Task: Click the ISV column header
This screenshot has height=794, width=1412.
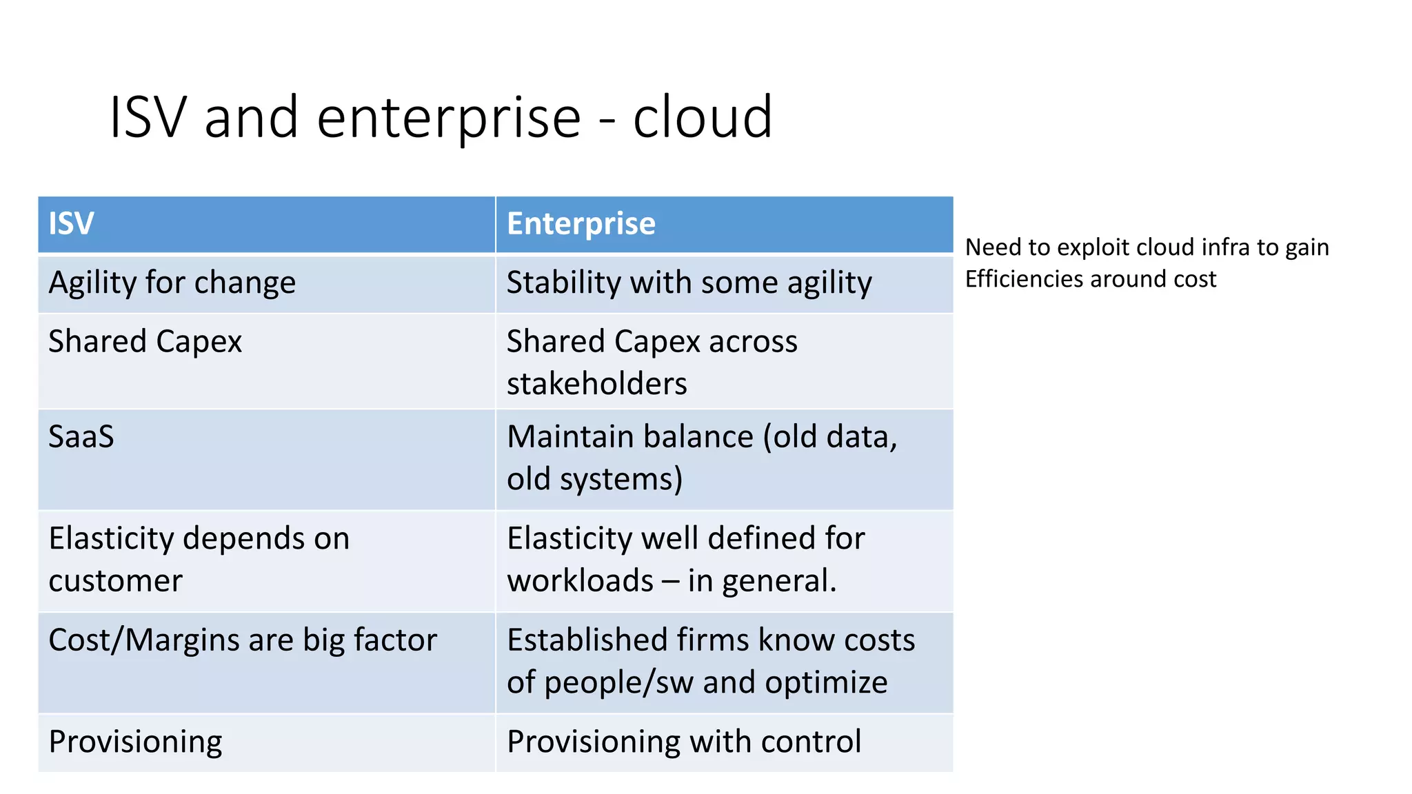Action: coord(71,224)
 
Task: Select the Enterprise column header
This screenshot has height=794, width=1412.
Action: coord(581,224)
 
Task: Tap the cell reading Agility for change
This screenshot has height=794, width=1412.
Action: coord(172,283)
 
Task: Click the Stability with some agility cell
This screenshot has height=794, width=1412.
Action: coord(689,283)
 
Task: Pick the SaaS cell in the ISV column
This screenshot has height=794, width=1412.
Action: coord(81,437)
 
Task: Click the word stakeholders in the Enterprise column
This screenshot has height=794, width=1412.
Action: coord(596,384)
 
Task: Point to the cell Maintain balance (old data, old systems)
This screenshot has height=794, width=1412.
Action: coord(702,458)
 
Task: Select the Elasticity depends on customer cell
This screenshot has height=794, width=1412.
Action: coord(199,559)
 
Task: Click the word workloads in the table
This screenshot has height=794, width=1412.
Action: coord(580,581)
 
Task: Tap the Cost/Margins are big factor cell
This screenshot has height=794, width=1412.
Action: coord(243,640)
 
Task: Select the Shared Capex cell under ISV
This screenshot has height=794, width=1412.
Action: coord(145,342)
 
